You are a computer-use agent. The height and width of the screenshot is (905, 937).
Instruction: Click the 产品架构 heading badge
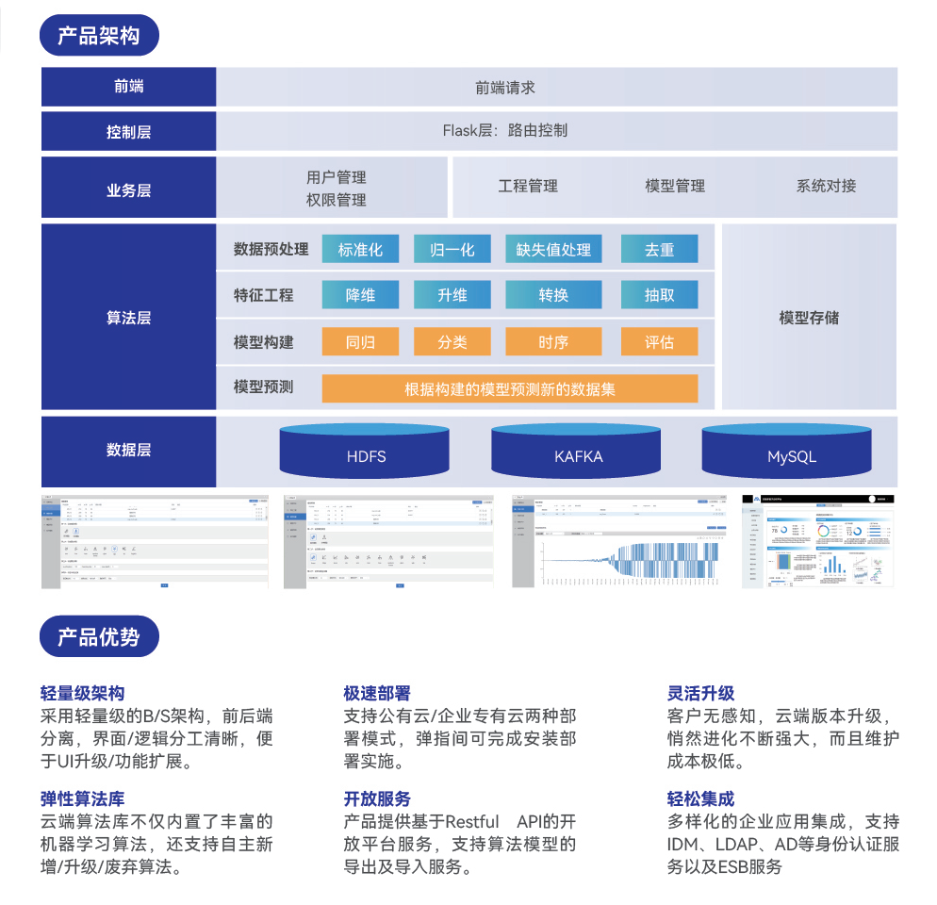coord(99,36)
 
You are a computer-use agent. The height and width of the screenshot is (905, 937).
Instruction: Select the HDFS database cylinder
coord(366,452)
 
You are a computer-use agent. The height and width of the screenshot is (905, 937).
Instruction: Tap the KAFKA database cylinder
coord(578,452)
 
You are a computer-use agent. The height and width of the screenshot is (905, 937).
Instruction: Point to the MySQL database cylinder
coord(791,452)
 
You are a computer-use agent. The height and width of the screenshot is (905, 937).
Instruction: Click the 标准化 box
coord(360,249)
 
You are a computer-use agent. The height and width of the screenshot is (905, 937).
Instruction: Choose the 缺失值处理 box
coord(553,249)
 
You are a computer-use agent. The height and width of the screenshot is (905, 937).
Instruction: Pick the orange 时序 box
coord(553,341)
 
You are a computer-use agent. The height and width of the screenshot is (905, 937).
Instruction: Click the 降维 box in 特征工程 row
coord(360,295)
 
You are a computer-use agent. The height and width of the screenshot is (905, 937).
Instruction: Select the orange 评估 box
coord(659,341)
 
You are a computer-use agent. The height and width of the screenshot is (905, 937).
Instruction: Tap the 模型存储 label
coord(809,318)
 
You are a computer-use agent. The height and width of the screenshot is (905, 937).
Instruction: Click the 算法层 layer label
coord(128,318)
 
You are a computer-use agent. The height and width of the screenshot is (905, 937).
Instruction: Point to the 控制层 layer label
coord(128,132)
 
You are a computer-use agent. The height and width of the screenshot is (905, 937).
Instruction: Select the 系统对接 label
coord(826,186)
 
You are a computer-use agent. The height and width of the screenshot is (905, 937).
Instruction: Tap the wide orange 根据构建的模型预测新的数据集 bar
coord(510,388)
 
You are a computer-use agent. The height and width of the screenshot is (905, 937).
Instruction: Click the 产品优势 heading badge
coord(99,637)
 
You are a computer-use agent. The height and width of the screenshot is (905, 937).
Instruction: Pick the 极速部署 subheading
coord(377,694)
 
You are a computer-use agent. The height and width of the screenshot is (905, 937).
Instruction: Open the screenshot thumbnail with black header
coord(818,541)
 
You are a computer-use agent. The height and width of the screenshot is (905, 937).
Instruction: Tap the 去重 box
coord(659,249)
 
